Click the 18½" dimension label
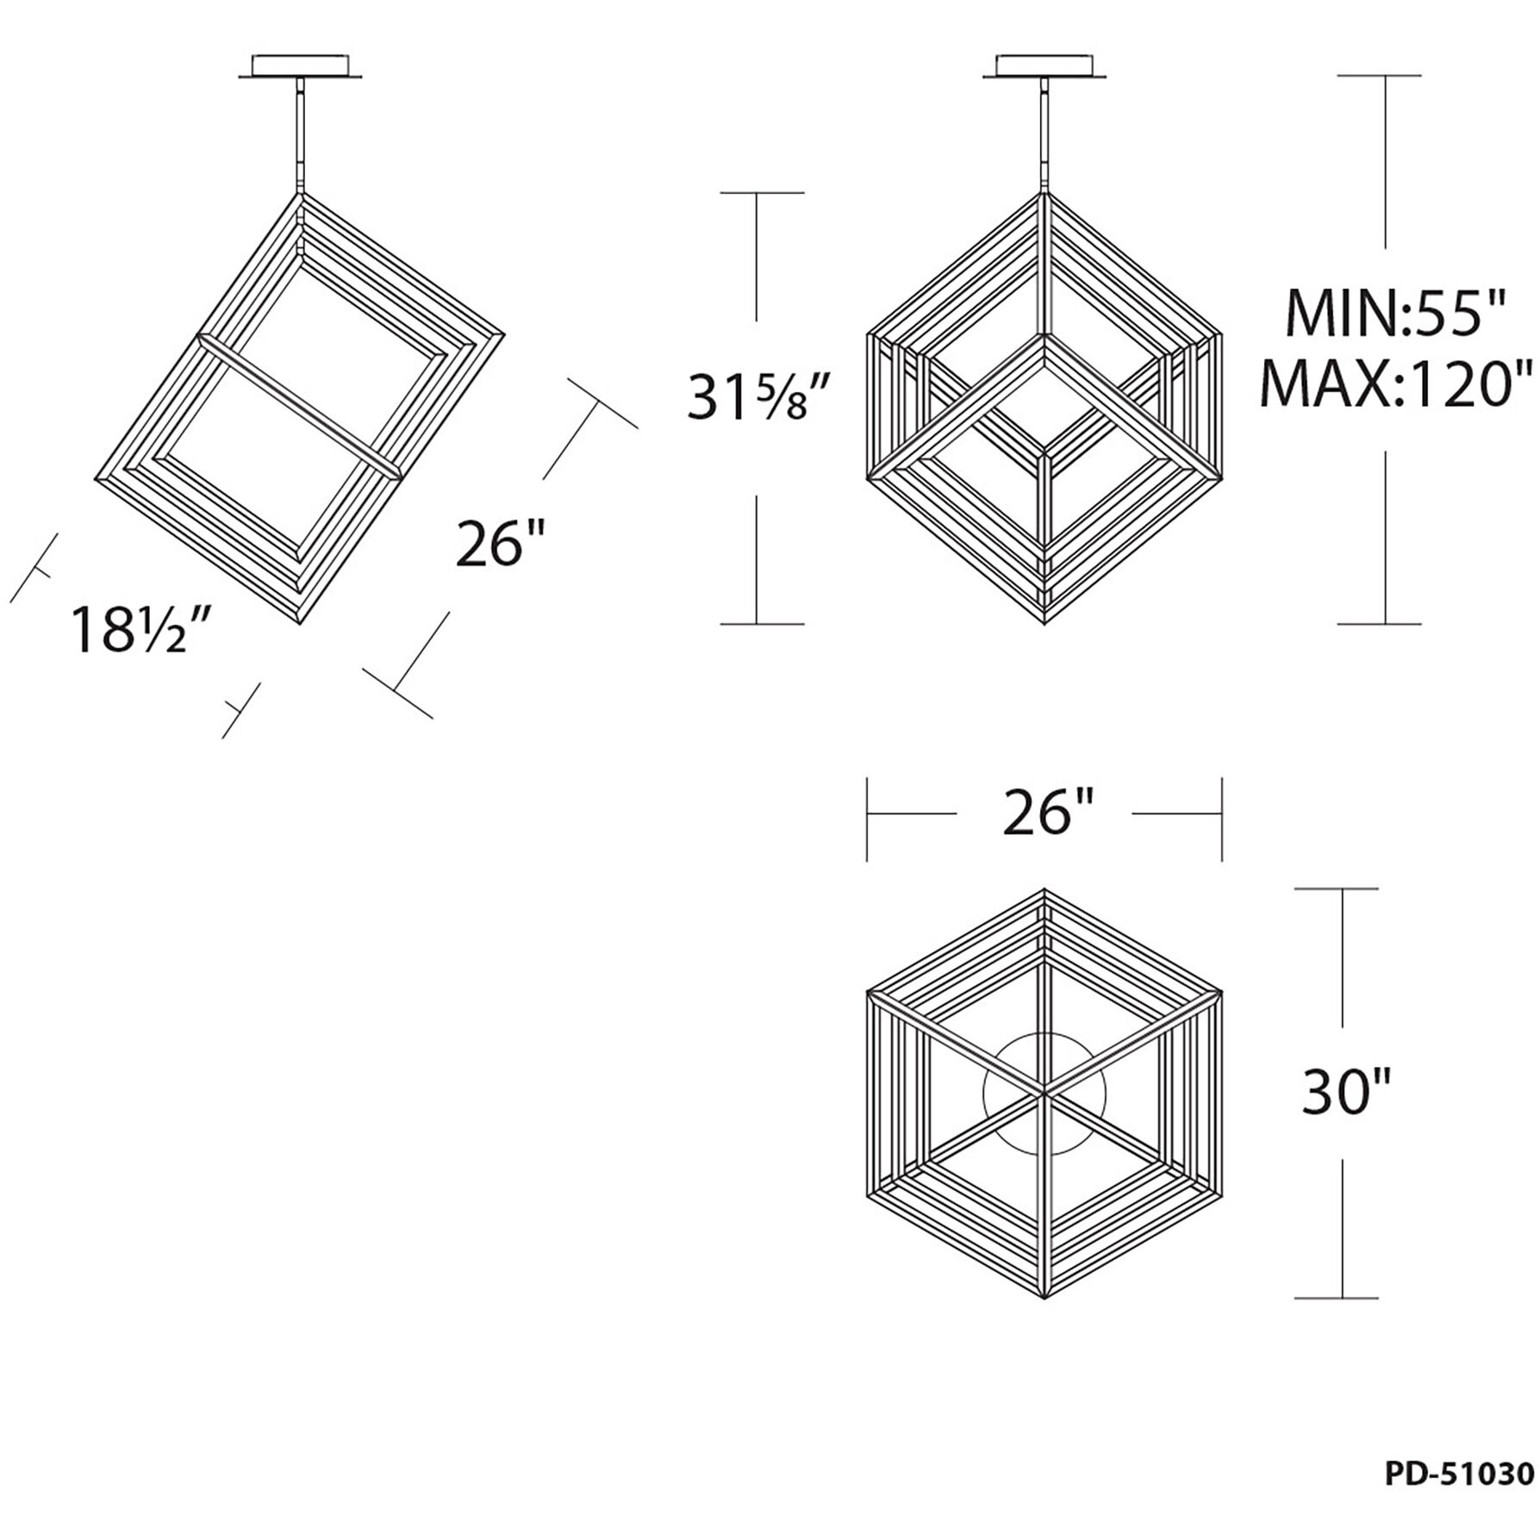click(x=142, y=630)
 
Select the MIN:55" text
click(x=1395, y=314)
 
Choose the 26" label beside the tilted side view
click(x=501, y=544)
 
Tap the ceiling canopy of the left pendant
click(x=300, y=68)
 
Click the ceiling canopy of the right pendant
click(x=1044, y=68)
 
